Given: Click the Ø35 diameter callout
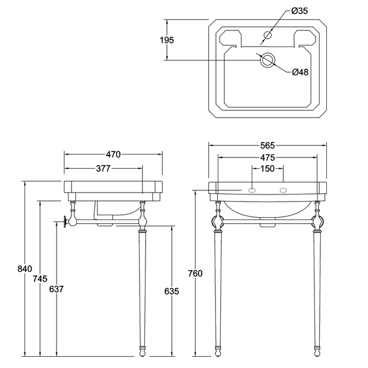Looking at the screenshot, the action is [x=299, y=11].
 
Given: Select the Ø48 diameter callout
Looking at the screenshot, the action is [x=300, y=72].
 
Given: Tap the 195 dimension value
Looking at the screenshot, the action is [x=167, y=40].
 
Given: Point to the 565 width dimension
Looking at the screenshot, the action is [x=267, y=146].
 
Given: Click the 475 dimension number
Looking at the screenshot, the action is [x=267, y=157].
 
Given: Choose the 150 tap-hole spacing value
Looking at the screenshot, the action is [x=267, y=169].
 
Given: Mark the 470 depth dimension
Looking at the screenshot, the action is [x=113, y=154].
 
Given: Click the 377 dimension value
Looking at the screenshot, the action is [x=103, y=169].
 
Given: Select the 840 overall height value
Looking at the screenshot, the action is [x=24, y=269].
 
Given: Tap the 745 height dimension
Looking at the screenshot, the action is [x=40, y=279].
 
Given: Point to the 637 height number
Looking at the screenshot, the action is [x=56, y=289].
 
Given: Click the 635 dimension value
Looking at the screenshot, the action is [x=172, y=291].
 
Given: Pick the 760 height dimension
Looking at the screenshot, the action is [x=195, y=273].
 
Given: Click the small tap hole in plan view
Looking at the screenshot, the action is [x=268, y=35].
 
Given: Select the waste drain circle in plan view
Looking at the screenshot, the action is [x=267, y=60].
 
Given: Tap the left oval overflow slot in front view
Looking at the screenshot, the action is [x=252, y=190].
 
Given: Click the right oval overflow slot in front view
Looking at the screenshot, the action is [x=283, y=190].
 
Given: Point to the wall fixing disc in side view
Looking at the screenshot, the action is [x=64, y=221].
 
